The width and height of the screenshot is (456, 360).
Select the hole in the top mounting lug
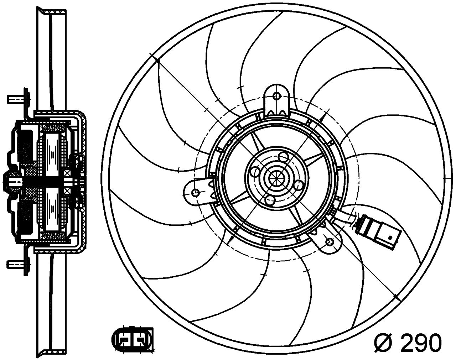tap(276, 96)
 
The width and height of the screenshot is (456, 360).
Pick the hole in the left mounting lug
tap(195, 193)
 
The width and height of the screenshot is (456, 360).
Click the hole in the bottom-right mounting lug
tap(330, 241)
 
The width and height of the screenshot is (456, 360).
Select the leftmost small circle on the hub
tap(255, 172)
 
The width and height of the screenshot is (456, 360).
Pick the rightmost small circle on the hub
tap(298, 185)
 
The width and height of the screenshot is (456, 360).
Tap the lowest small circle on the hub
tap(270, 200)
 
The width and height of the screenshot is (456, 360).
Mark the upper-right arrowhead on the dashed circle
tap(323, 116)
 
